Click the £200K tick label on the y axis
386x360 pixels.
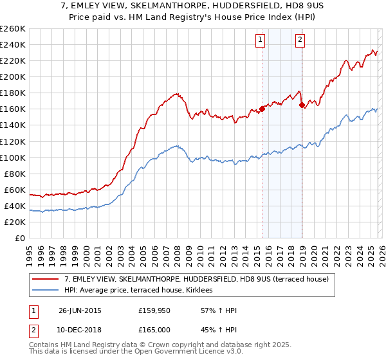tap(12, 76)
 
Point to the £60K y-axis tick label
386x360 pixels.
tap(14, 190)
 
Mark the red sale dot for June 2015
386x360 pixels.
tap(262, 109)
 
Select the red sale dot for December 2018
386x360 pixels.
tap(302, 105)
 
